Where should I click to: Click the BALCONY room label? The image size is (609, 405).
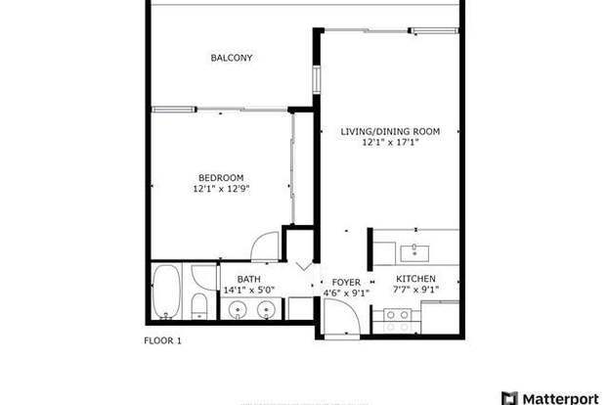point(232,58)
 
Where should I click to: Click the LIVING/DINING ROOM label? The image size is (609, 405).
point(390,131)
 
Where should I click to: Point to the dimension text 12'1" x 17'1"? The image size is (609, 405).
point(390,143)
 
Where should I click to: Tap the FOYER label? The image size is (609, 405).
point(346,280)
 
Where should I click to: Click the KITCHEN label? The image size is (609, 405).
point(415,280)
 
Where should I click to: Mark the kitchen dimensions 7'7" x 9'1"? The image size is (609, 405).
point(416,291)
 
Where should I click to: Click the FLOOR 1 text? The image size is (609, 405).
point(162,341)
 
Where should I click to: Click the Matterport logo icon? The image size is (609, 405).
point(506,397)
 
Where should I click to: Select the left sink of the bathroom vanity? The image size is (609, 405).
point(238,310)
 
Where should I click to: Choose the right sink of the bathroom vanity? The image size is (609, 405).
point(265,310)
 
